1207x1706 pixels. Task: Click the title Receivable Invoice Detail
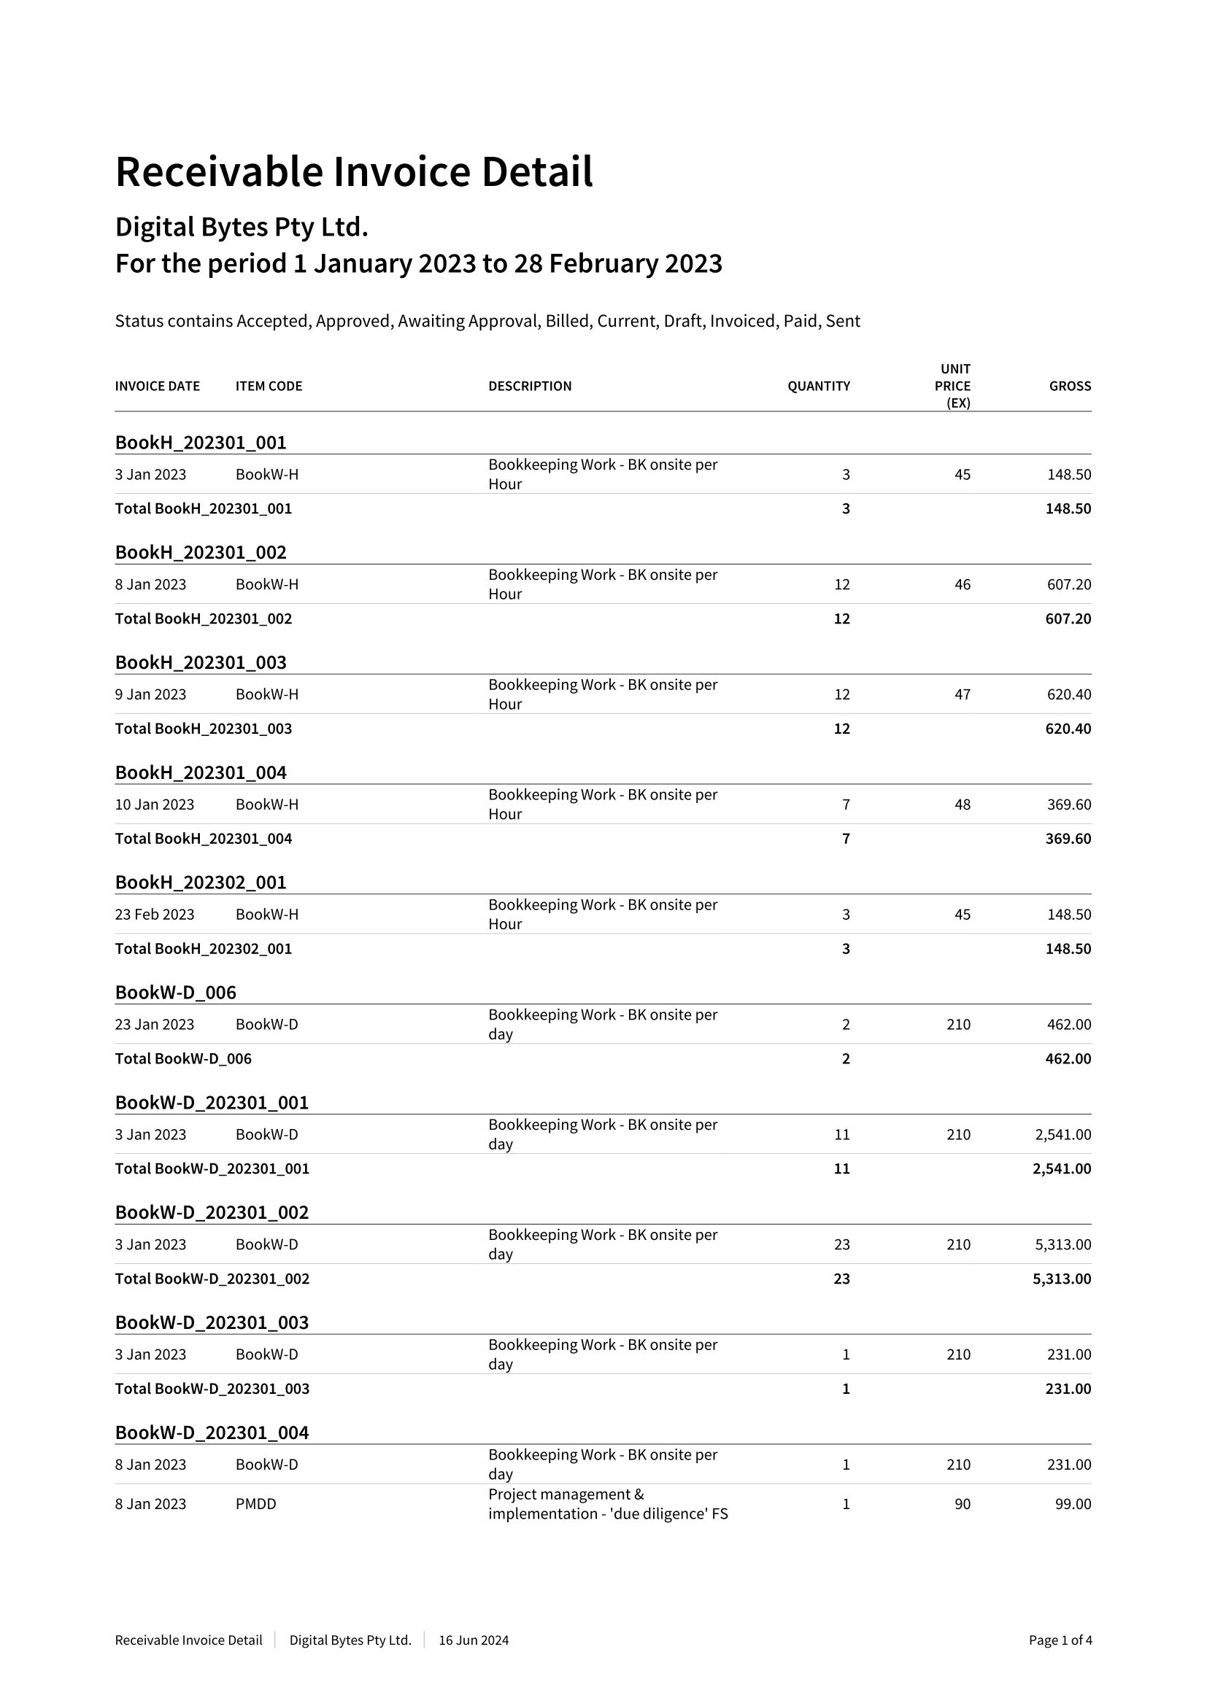pyautogui.click(x=354, y=171)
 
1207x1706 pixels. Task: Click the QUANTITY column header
pyautogui.click(x=818, y=387)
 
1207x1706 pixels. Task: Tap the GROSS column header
pyautogui.click(x=1070, y=387)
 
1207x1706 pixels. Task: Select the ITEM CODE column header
pyautogui.click(x=269, y=387)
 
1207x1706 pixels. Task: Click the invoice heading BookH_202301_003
pyautogui.click(x=201, y=662)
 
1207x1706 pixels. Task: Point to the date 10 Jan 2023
pyautogui.click(x=155, y=804)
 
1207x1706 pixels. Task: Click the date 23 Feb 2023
pyautogui.click(x=155, y=915)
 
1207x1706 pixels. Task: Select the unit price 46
pyautogui.click(x=962, y=585)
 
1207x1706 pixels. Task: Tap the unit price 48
pyautogui.click(x=962, y=804)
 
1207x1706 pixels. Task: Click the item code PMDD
pyautogui.click(x=255, y=1504)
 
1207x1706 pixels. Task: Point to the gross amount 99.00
pyautogui.click(x=1073, y=1504)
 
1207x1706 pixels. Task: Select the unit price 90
pyautogui.click(x=962, y=1504)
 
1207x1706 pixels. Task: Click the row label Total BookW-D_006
pyautogui.click(x=183, y=1059)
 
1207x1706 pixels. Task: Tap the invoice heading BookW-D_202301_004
pyautogui.click(x=212, y=1432)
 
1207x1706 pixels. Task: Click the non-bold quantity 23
pyautogui.click(x=841, y=1244)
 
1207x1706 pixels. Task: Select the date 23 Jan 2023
pyautogui.click(x=155, y=1025)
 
